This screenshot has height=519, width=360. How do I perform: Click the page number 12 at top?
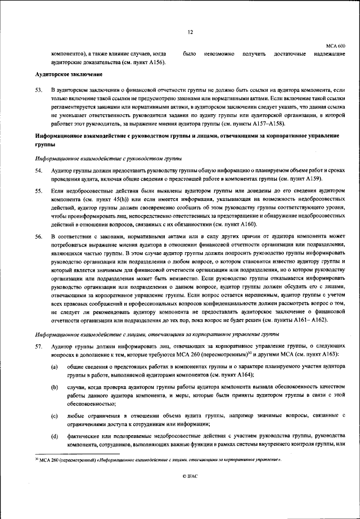coord(190,32)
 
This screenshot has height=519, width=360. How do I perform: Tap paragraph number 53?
coord(39,90)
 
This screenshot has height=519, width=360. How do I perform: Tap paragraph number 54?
coord(39,169)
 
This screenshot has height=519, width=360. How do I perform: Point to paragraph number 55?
coord(39,191)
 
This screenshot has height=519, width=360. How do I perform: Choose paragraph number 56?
coord(39,236)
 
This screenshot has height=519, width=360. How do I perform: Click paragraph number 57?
coord(39,346)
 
